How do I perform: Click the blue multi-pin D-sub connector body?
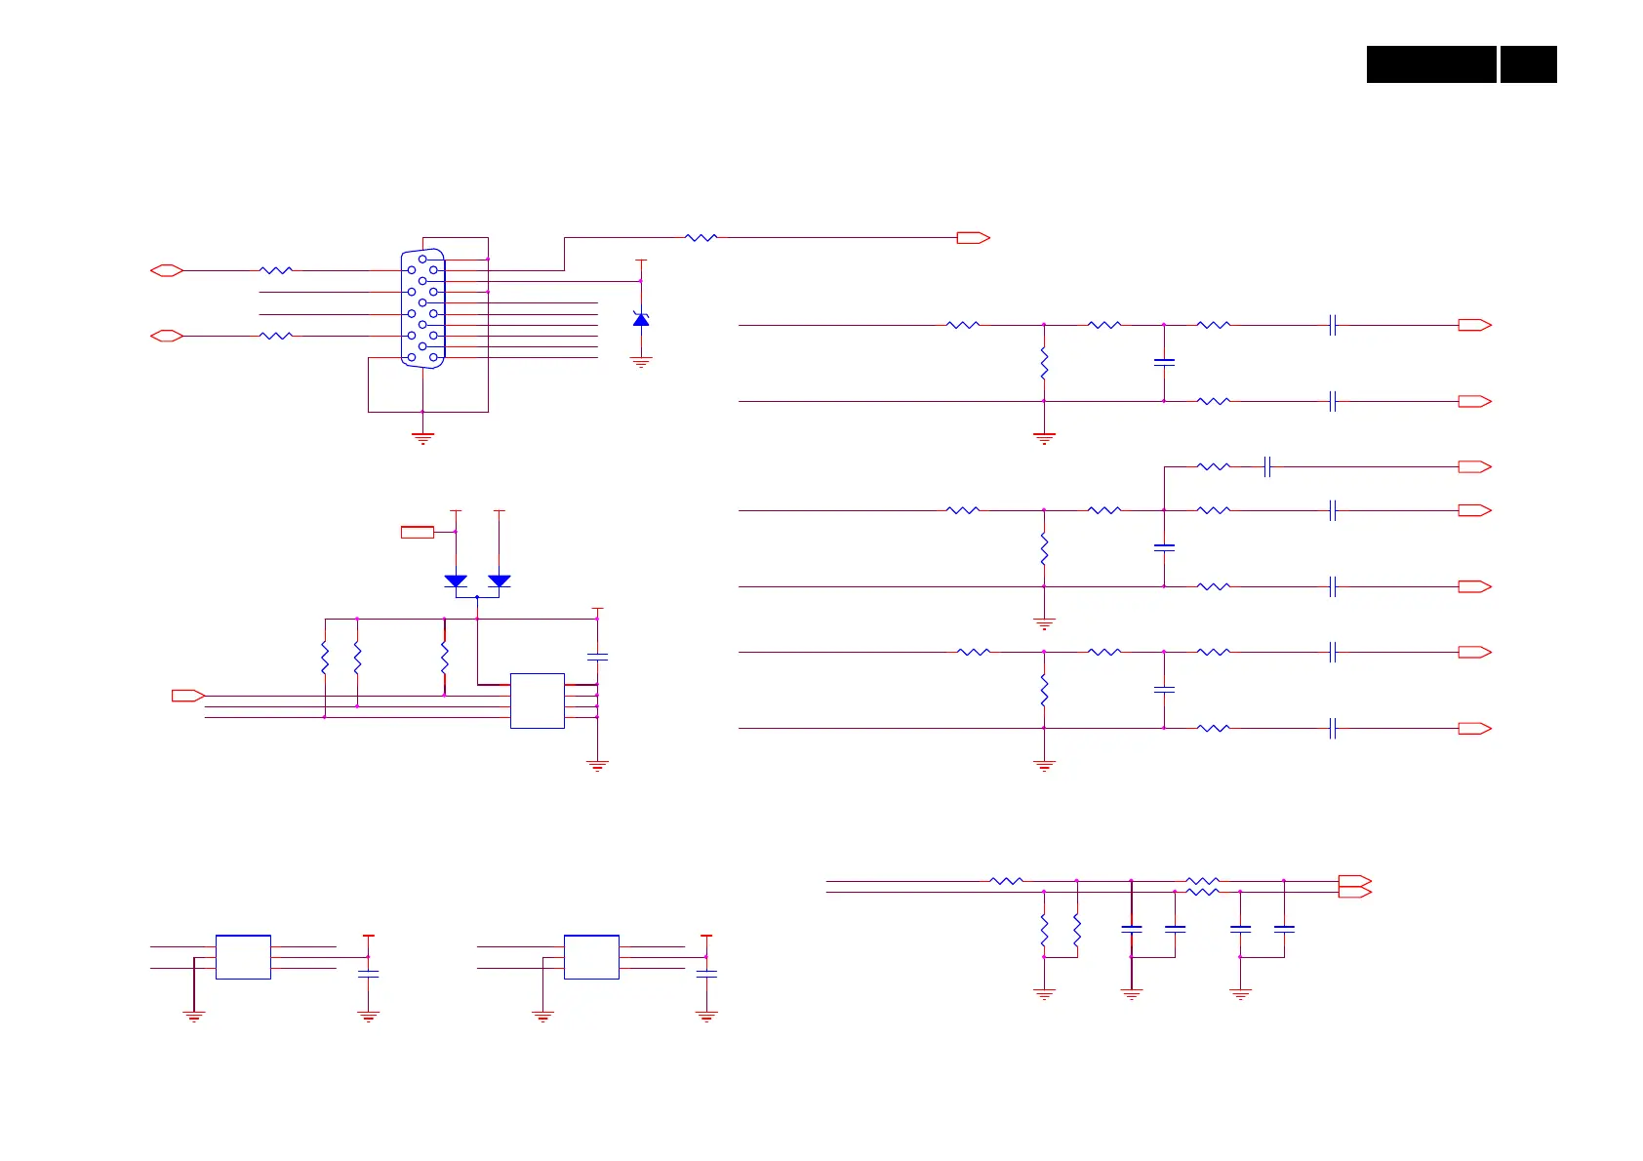point(422,308)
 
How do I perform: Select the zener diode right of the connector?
point(641,319)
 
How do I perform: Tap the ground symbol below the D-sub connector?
point(422,438)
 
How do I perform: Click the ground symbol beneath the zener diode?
point(641,362)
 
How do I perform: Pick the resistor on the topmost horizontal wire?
point(701,237)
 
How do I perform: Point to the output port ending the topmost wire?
point(973,237)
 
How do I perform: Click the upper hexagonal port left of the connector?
point(167,270)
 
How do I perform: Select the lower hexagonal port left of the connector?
point(167,336)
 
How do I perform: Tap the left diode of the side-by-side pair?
point(456,581)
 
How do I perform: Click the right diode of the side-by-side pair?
point(499,581)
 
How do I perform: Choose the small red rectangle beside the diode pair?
point(418,532)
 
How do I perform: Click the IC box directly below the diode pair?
point(538,701)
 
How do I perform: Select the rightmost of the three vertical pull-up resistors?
point(444,658)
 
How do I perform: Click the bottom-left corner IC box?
point(243,957)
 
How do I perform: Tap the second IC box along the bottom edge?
point(591,957)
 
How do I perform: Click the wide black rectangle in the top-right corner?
point(1431,64)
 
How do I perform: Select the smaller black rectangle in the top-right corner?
point(1528,64)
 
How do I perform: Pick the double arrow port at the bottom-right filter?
point(1355,886)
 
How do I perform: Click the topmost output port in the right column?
point(1474,325)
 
